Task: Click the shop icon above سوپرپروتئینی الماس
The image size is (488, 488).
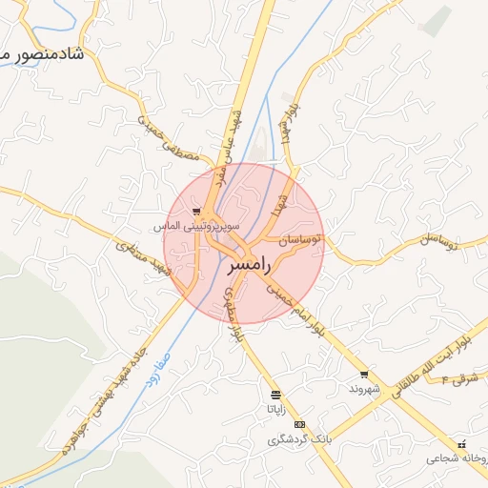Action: pos(196,212)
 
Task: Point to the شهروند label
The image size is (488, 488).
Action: pos(365,390)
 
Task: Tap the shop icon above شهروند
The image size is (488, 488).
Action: pos(363,375)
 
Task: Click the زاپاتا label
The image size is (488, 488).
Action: pos(274,409)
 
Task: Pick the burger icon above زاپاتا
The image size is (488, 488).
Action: pos(275,394)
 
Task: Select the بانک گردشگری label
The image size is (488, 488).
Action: pos(299,439)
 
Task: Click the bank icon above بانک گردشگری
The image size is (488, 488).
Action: pos(300,424)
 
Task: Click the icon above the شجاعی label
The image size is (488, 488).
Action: pos(462,443)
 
